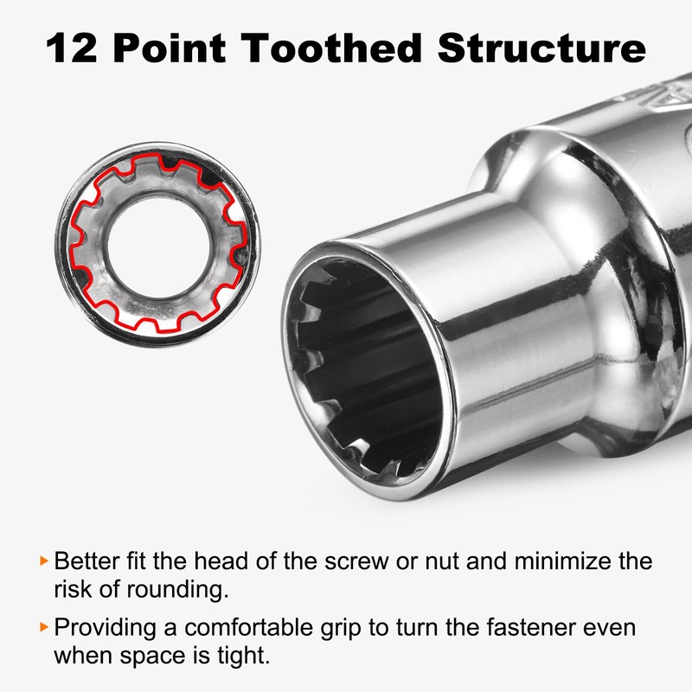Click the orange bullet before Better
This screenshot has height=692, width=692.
44,561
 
